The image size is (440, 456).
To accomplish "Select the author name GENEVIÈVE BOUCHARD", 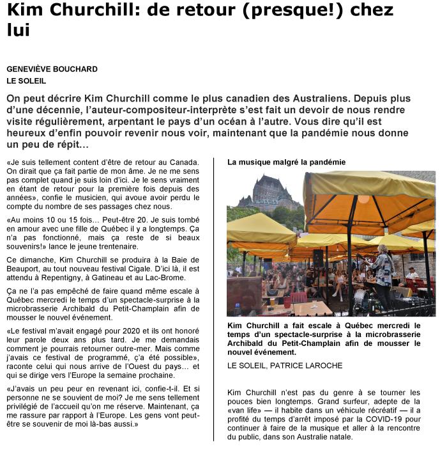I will click(x=52, y=68).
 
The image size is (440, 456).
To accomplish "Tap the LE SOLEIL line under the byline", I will click(x=27, y=81).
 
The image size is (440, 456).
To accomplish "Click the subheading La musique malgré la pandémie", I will click(x=286, y=162).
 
